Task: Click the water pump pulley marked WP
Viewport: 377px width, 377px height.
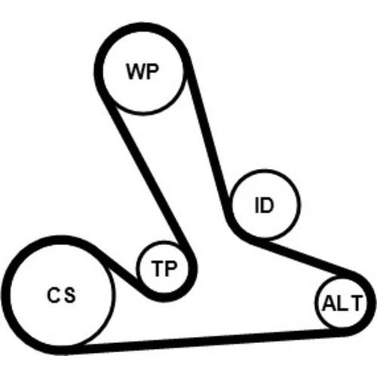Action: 143,72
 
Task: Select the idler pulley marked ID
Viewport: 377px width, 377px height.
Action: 265,204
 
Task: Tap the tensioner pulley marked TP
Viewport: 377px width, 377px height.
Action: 164,267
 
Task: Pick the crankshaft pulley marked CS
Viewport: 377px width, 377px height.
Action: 61,295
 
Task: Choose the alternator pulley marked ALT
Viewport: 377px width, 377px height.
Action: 342,303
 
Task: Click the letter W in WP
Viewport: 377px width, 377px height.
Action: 136,72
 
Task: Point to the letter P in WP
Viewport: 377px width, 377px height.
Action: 152,72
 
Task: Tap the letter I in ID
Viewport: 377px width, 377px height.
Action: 256,205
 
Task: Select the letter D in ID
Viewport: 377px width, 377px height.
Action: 267,205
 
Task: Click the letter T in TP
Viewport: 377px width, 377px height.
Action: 157,268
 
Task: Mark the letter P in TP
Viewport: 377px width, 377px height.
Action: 171,268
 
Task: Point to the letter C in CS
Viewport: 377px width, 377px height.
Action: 54,295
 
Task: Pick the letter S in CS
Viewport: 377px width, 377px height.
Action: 69,295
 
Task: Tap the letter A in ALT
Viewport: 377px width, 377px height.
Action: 329,303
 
